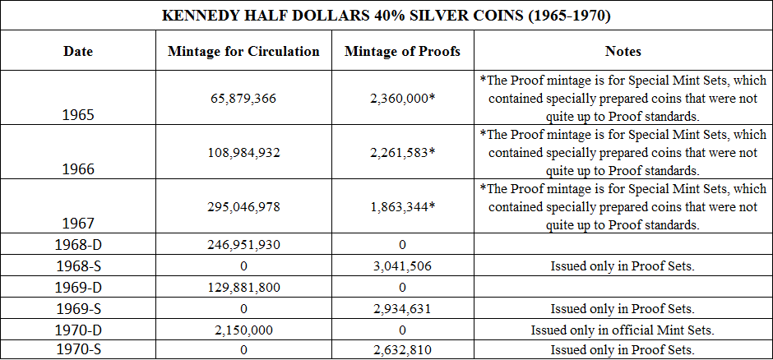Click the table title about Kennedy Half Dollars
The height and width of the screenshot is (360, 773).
386,15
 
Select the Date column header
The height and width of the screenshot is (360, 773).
78,51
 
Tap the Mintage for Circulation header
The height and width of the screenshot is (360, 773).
243,51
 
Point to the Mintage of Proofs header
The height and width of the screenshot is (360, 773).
402,51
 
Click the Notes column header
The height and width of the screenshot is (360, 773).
623,51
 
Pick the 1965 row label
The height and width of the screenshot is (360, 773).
78,115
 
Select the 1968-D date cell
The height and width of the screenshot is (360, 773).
78,244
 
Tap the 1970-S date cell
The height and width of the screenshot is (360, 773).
78,349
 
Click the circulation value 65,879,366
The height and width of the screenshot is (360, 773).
243,99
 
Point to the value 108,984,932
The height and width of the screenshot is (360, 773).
243,153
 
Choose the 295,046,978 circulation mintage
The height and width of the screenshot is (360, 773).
243,207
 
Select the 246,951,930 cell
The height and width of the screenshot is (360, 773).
243,244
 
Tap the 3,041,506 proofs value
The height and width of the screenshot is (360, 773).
402,265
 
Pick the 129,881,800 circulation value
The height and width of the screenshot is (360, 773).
243,287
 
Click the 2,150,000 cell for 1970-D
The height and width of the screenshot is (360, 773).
243,330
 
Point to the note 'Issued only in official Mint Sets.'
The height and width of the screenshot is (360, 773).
623,330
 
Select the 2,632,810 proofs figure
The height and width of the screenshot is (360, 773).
402,350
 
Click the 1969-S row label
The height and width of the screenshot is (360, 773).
78,308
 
